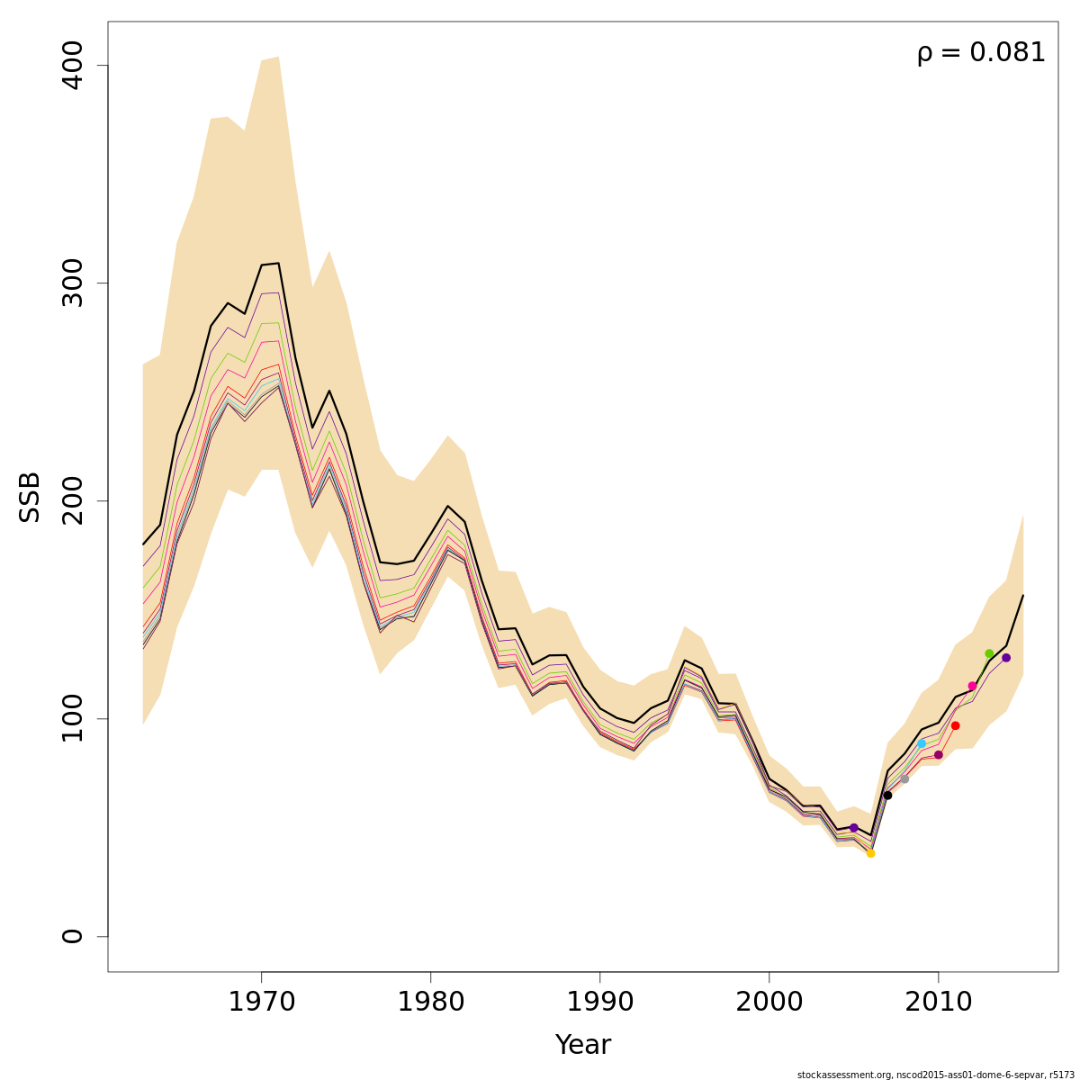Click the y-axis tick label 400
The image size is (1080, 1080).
(x=72, y=66)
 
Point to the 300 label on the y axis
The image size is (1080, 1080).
(x=72, y=283)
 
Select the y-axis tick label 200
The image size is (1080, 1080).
(x=72, y=500)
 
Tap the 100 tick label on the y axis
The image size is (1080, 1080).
(x=72, y=718)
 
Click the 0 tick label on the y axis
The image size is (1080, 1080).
(x=72, y=936)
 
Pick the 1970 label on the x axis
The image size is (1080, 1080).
(x=261, y=1002)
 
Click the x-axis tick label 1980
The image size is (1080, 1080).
(x=430, y=1002)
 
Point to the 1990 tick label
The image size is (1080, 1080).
(x=599, y=1002)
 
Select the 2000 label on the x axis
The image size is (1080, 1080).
(x=769, y=1002)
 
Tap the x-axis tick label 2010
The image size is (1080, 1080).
(x=939, y=1002)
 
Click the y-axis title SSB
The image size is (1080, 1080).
(x=31, y=497)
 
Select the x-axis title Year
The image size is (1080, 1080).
(x=582, y=1045)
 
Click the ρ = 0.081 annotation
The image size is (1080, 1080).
(x=981, y=53)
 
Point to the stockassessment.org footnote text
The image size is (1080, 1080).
(x=935, y=1075)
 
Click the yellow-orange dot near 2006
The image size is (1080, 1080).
(x=870, y=853)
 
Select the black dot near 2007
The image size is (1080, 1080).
(x=887, y=796)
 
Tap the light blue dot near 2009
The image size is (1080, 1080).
(x=922, y=743)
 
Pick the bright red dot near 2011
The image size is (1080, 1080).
(x=955, y=725)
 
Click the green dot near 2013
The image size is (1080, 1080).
(x=989, y=653)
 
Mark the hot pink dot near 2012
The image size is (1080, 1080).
(x=972, y=686)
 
